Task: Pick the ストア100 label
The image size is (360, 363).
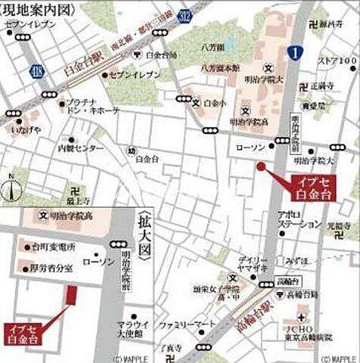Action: click(x=337, y=60)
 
